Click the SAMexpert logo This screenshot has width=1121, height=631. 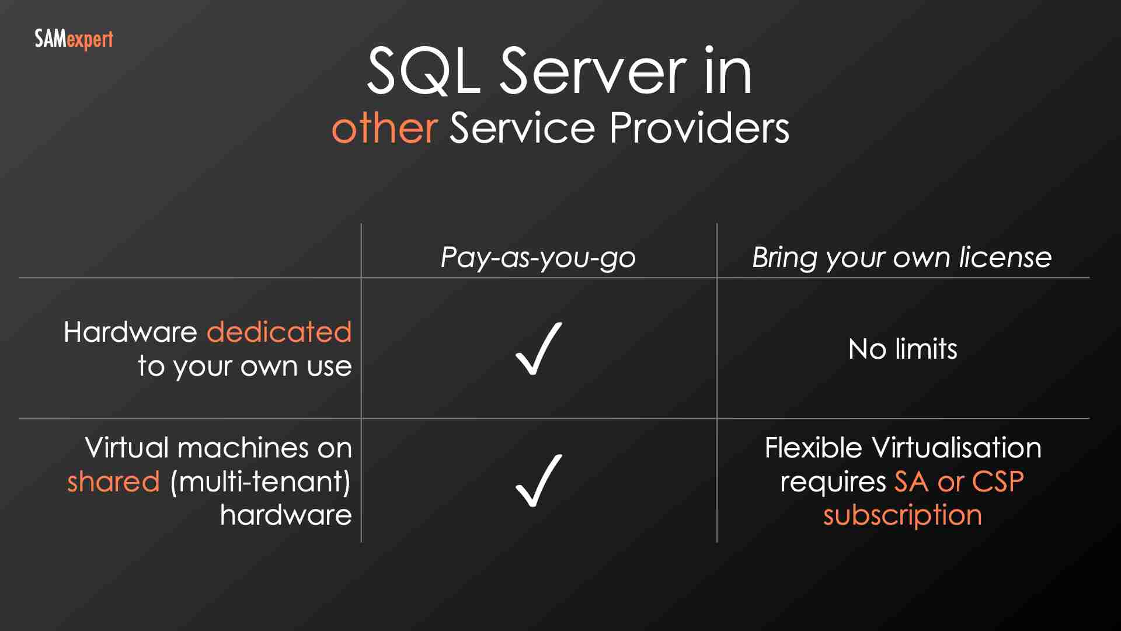point(74,39)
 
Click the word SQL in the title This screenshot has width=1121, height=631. point(423,71)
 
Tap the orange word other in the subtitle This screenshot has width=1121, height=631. point(384,128)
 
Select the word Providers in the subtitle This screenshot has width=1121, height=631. point(699,128)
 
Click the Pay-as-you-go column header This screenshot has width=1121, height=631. point(538,258)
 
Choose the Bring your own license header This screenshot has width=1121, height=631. point(901,258)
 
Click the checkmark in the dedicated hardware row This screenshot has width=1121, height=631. point(538,349)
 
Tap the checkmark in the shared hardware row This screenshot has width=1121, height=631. point(538,481)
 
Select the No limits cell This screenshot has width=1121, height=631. point(903,349)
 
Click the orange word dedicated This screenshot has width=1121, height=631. point(279,332)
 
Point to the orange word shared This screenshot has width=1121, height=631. point(113,482)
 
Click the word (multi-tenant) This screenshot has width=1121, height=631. point(260,482)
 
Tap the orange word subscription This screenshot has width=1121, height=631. point(903,516)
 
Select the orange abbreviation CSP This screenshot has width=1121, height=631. point(998,482)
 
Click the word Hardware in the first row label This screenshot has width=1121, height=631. point(130,332)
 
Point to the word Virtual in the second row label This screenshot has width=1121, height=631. point(127,448)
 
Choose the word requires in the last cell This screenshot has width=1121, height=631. point(833,483)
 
